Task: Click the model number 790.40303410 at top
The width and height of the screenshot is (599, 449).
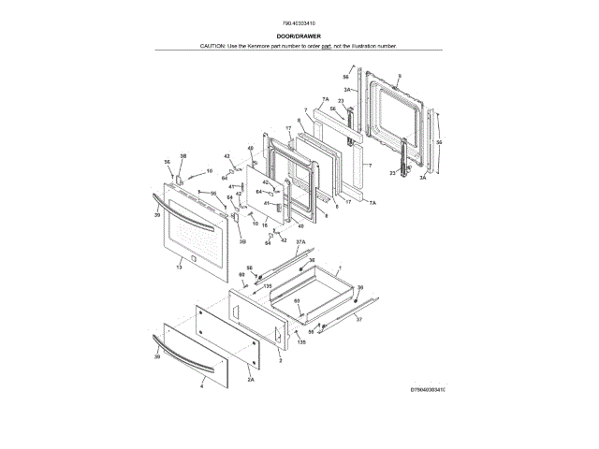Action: (x=299, y=22)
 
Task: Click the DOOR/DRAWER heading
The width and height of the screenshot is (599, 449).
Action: (x=299, y=36)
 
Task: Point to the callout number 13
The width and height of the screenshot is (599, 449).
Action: (x=178, y=268)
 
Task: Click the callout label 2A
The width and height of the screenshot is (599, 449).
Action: (x=251, y=380)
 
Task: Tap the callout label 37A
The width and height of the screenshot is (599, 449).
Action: (x=300, y=241)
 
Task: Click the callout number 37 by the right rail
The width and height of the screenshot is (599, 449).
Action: (x=357, y=318)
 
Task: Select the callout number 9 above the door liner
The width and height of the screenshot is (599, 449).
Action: (x=399, y=75)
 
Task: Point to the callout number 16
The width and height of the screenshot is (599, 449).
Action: (x=265, y=224)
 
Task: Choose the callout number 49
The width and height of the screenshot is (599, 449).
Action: (x=251, y=150)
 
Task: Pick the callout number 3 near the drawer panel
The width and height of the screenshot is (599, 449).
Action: (x=280, y=358)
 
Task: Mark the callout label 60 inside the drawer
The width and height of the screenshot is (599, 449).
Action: (x=297, y=301)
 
